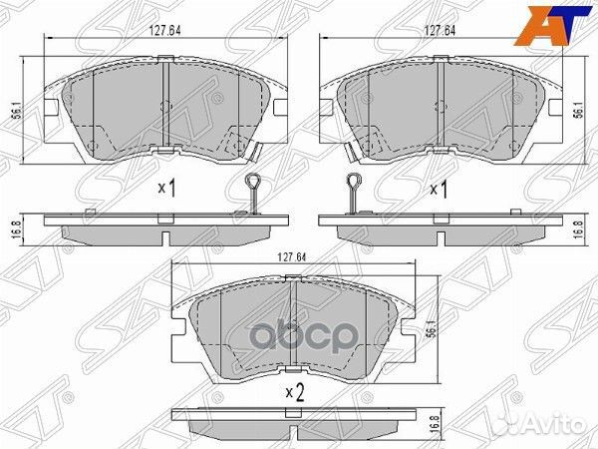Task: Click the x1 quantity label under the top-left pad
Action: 166,187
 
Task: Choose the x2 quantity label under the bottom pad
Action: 293,391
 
